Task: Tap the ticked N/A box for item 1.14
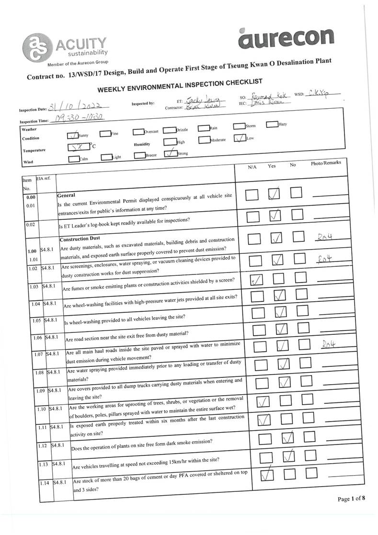coord(266,475)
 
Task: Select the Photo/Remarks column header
coord(325,163)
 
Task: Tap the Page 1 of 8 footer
coord(352,499)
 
